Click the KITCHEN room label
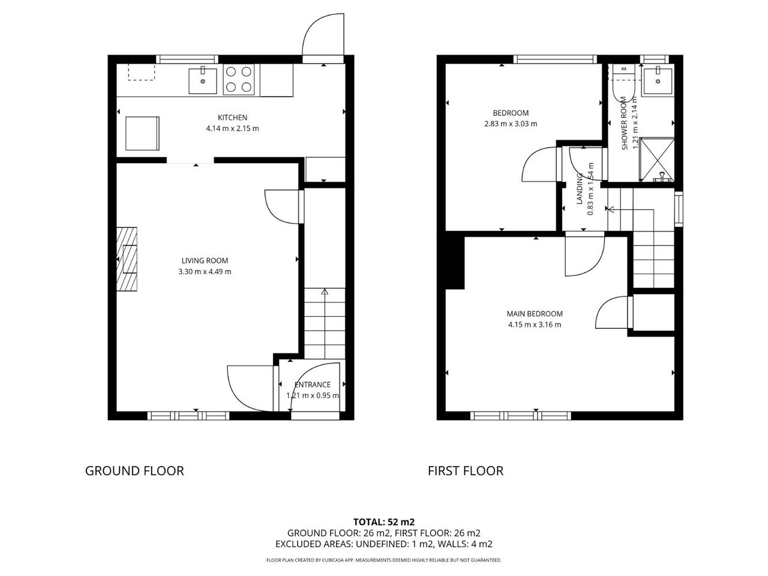coord(232,118)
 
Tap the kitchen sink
coord(203,81)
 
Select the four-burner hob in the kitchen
coord(239,80)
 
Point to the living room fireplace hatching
coord(127,259)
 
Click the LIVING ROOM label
coord(205,260)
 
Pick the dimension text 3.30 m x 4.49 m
coord(205,271)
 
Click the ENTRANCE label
coord(313,385)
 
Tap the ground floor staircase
coord(325,323)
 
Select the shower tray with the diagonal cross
coord(657,160)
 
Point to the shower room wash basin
coord(658,81)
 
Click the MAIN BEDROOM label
coord(535,314)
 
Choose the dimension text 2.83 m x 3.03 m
coord(511,124)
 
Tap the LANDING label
coord(580,188)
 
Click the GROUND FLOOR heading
coord(134,471)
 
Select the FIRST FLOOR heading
coord(466,471)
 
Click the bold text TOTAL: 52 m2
coord(384,522)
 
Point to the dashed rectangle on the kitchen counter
coord(142,72)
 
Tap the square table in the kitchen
coord(142,133)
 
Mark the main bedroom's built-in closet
coord(653,312)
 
